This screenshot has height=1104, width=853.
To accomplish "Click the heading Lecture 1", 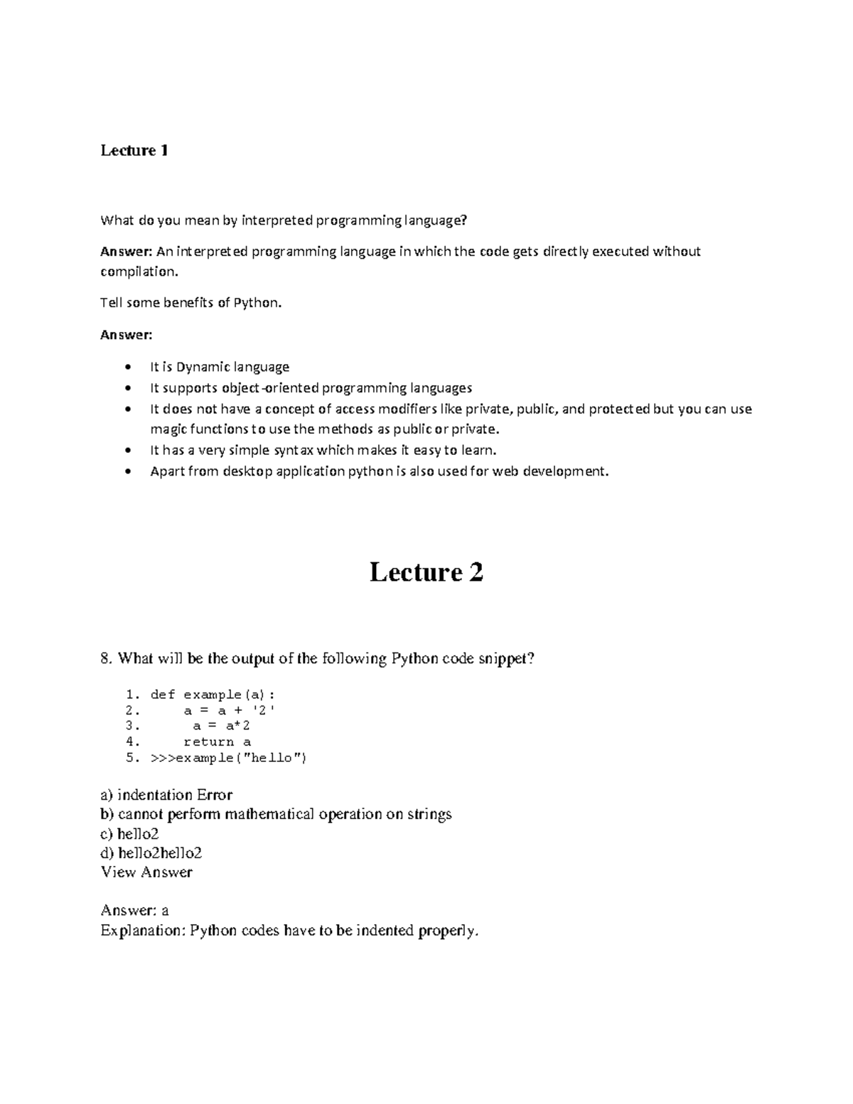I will point(134,150).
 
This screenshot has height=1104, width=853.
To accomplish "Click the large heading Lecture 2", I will point(426,572).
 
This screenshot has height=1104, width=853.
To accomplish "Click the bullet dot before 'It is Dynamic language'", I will point(127,368).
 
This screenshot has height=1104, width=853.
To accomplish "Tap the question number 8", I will point(106,659).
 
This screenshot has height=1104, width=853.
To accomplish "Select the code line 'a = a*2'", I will point(221,726).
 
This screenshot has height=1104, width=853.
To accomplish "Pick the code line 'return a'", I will point(217,741).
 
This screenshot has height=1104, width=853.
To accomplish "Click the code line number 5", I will point(132,758).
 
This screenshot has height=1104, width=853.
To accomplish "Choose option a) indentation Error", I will point(166,795).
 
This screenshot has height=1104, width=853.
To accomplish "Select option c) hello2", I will point(129,834).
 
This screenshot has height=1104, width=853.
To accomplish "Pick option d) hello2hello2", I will point(151,853).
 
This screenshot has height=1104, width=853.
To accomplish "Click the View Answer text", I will point(146,872).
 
